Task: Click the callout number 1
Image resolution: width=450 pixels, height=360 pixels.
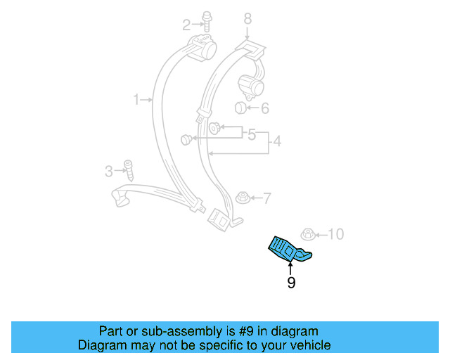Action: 137,101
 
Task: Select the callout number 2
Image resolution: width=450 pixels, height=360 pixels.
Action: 186,26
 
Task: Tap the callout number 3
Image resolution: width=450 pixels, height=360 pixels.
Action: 109,170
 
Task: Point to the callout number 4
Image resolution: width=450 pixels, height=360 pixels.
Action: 277,142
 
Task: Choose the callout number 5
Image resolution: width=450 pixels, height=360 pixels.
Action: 251,133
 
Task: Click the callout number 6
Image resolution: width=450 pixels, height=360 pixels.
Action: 264,108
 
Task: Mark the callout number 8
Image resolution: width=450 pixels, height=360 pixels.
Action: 247,18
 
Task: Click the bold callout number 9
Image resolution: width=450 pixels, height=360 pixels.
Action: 290,283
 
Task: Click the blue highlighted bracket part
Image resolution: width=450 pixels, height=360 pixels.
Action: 287,248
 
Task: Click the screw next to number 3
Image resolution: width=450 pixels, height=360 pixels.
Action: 129,169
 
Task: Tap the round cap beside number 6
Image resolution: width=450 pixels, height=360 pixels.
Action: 240,108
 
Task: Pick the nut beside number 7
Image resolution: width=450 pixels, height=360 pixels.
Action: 242,197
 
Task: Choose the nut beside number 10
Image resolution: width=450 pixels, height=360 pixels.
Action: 307,234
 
